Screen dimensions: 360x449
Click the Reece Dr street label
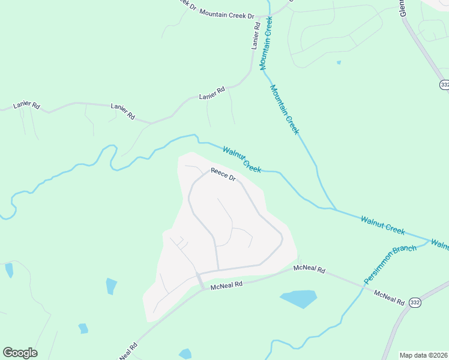[x=223, y=175]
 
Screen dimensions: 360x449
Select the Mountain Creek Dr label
[x=226, y=13]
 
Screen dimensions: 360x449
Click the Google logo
[x=20, y=353]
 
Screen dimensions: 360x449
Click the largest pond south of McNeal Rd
[x=298, y=298]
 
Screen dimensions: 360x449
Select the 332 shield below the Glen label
[x=444, y=85]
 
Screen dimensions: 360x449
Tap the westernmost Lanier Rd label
[x=26, y=105]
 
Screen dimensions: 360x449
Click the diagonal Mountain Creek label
[x=284, y=109]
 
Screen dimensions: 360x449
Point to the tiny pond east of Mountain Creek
[x=339, y=62]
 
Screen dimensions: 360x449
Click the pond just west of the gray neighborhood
[x=112, y=286]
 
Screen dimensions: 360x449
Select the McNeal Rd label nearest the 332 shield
[x=389, y=297]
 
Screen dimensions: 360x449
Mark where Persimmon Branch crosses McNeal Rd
[x=363, y=286]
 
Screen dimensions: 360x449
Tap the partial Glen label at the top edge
[x=403, y=8]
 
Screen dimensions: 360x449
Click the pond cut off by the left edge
[x=8, y=269]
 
